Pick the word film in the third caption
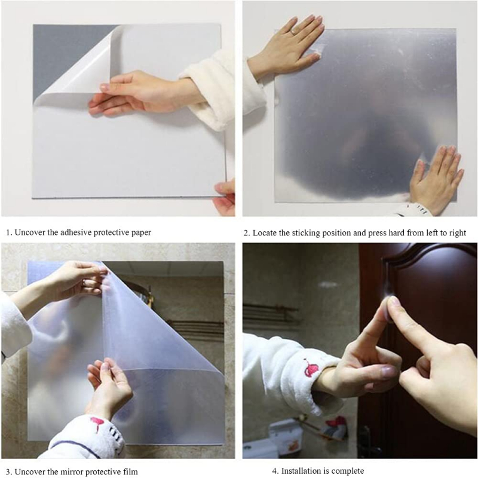pyautogui.click(x=128, y=471)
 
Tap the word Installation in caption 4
pyautogui.click(x=300, y=471)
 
